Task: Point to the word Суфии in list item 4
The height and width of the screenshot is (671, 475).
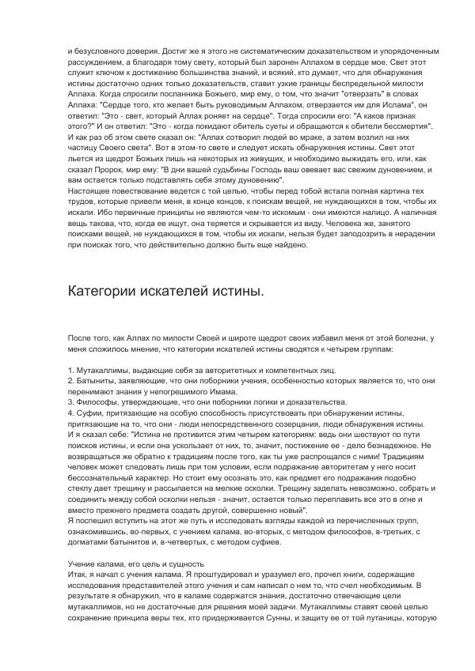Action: coord(89,412)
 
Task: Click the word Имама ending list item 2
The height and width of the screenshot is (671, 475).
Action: coord(223,390)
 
